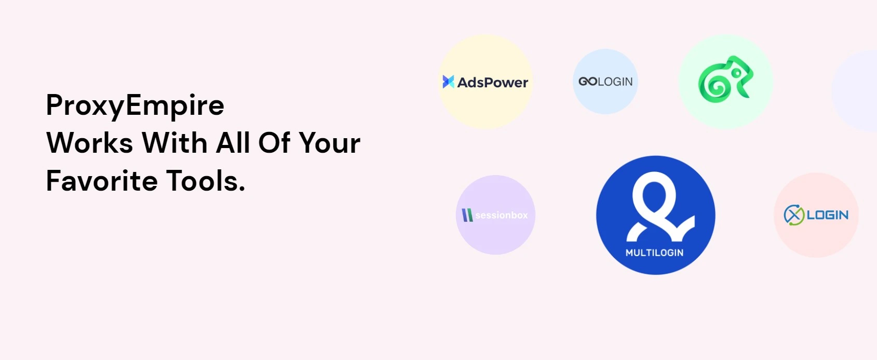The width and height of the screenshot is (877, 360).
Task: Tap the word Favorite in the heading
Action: [102, 181]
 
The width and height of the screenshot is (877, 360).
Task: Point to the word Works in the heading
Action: [90, 143]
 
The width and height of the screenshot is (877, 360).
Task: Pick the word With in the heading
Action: [174, 143]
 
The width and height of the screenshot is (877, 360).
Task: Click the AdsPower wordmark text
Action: [493, 82]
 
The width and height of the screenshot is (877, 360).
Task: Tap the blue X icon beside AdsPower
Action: [448, 82]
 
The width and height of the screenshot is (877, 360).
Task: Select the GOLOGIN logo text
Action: [605, 82]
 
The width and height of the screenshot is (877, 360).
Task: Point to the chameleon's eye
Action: [736, 73]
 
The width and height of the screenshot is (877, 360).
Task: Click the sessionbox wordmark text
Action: [502, 215]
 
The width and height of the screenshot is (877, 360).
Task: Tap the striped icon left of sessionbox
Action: [467, 215]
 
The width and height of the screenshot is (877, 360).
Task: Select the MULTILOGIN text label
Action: [655, 252]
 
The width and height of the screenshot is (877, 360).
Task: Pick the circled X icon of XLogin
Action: [794, 215]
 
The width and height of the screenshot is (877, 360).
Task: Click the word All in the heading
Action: [233, 142]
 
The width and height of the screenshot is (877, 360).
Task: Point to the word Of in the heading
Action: [274, 143]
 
